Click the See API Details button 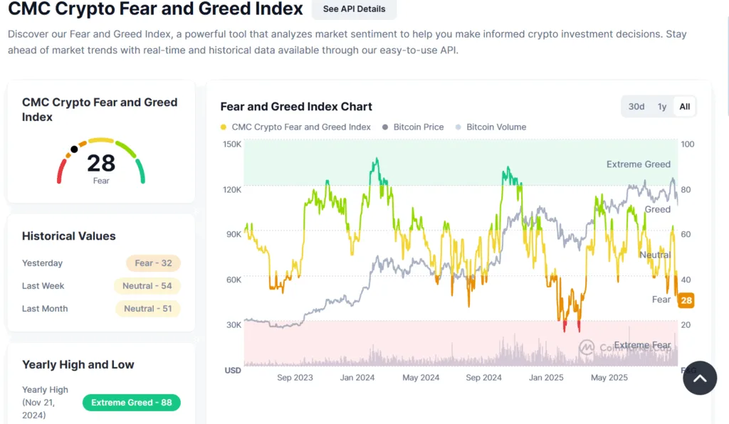tap(354, 9)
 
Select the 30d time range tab tap(636, 107)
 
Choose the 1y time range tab tap(662, 107)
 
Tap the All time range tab tap(684, 107)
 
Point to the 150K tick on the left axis tap(232, 144)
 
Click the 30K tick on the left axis tap(234, 325)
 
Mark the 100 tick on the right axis tap(687, 144)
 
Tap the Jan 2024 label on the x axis tap(355, 378)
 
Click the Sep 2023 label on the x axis tap(295, 378)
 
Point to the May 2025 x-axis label tap(609, 378)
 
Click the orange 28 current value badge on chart tap(686, 300)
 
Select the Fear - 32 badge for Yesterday tap(153, 263)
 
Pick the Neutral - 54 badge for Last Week tap(147, 286)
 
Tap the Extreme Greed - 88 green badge tap(132, 403)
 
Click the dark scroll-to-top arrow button tap(700, 378)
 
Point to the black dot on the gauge tap(74, 149)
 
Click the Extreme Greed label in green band tap(638, 164)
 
